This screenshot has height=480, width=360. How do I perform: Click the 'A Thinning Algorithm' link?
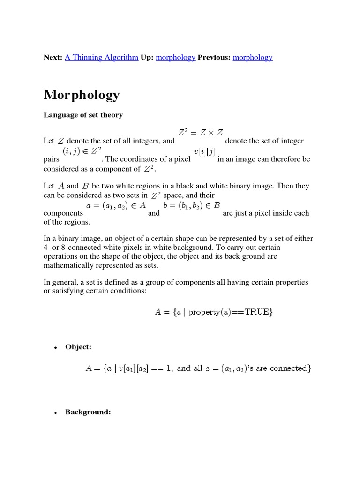(x=101, y=57)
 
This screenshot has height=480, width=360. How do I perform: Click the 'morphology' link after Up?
(x=175, y=57)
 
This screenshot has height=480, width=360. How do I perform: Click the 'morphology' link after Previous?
(x=253, y=57)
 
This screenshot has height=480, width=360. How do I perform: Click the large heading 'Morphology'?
(x=82, y=95)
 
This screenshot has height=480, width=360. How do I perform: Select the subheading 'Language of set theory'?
(x=83, y=115)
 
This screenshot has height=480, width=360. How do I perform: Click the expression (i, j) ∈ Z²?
(x=82, y=151)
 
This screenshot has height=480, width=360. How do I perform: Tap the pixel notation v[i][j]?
(x=204, y=151)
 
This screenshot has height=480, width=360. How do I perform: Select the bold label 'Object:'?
(x=78, y=347)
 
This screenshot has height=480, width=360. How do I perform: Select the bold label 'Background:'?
(x=88, y=412)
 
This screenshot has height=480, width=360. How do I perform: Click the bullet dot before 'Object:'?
(x=55, y=348)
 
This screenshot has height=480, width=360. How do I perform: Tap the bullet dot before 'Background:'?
(x=55, y=413)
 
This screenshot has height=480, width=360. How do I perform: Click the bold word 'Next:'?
(x=53, y=57)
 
